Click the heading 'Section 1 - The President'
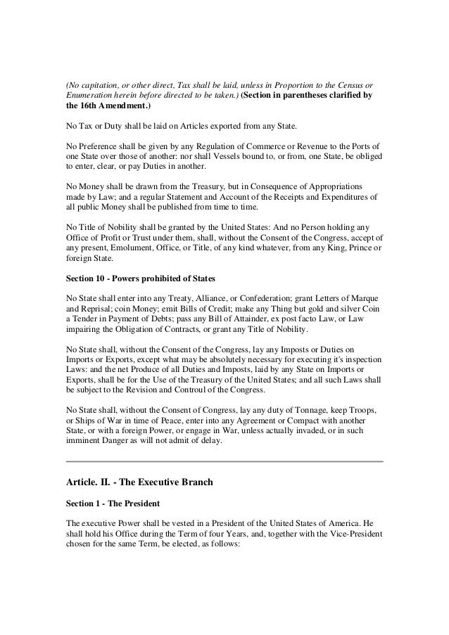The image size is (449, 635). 109,505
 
